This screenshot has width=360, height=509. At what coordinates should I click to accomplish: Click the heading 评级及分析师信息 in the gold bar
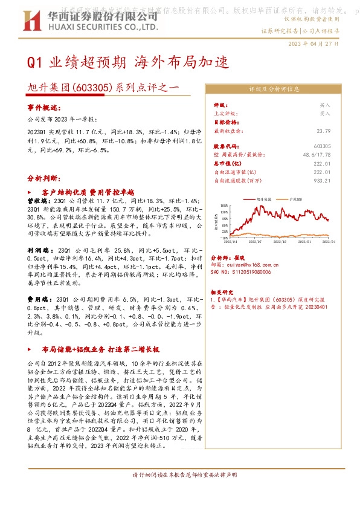[x=274, y=88]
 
